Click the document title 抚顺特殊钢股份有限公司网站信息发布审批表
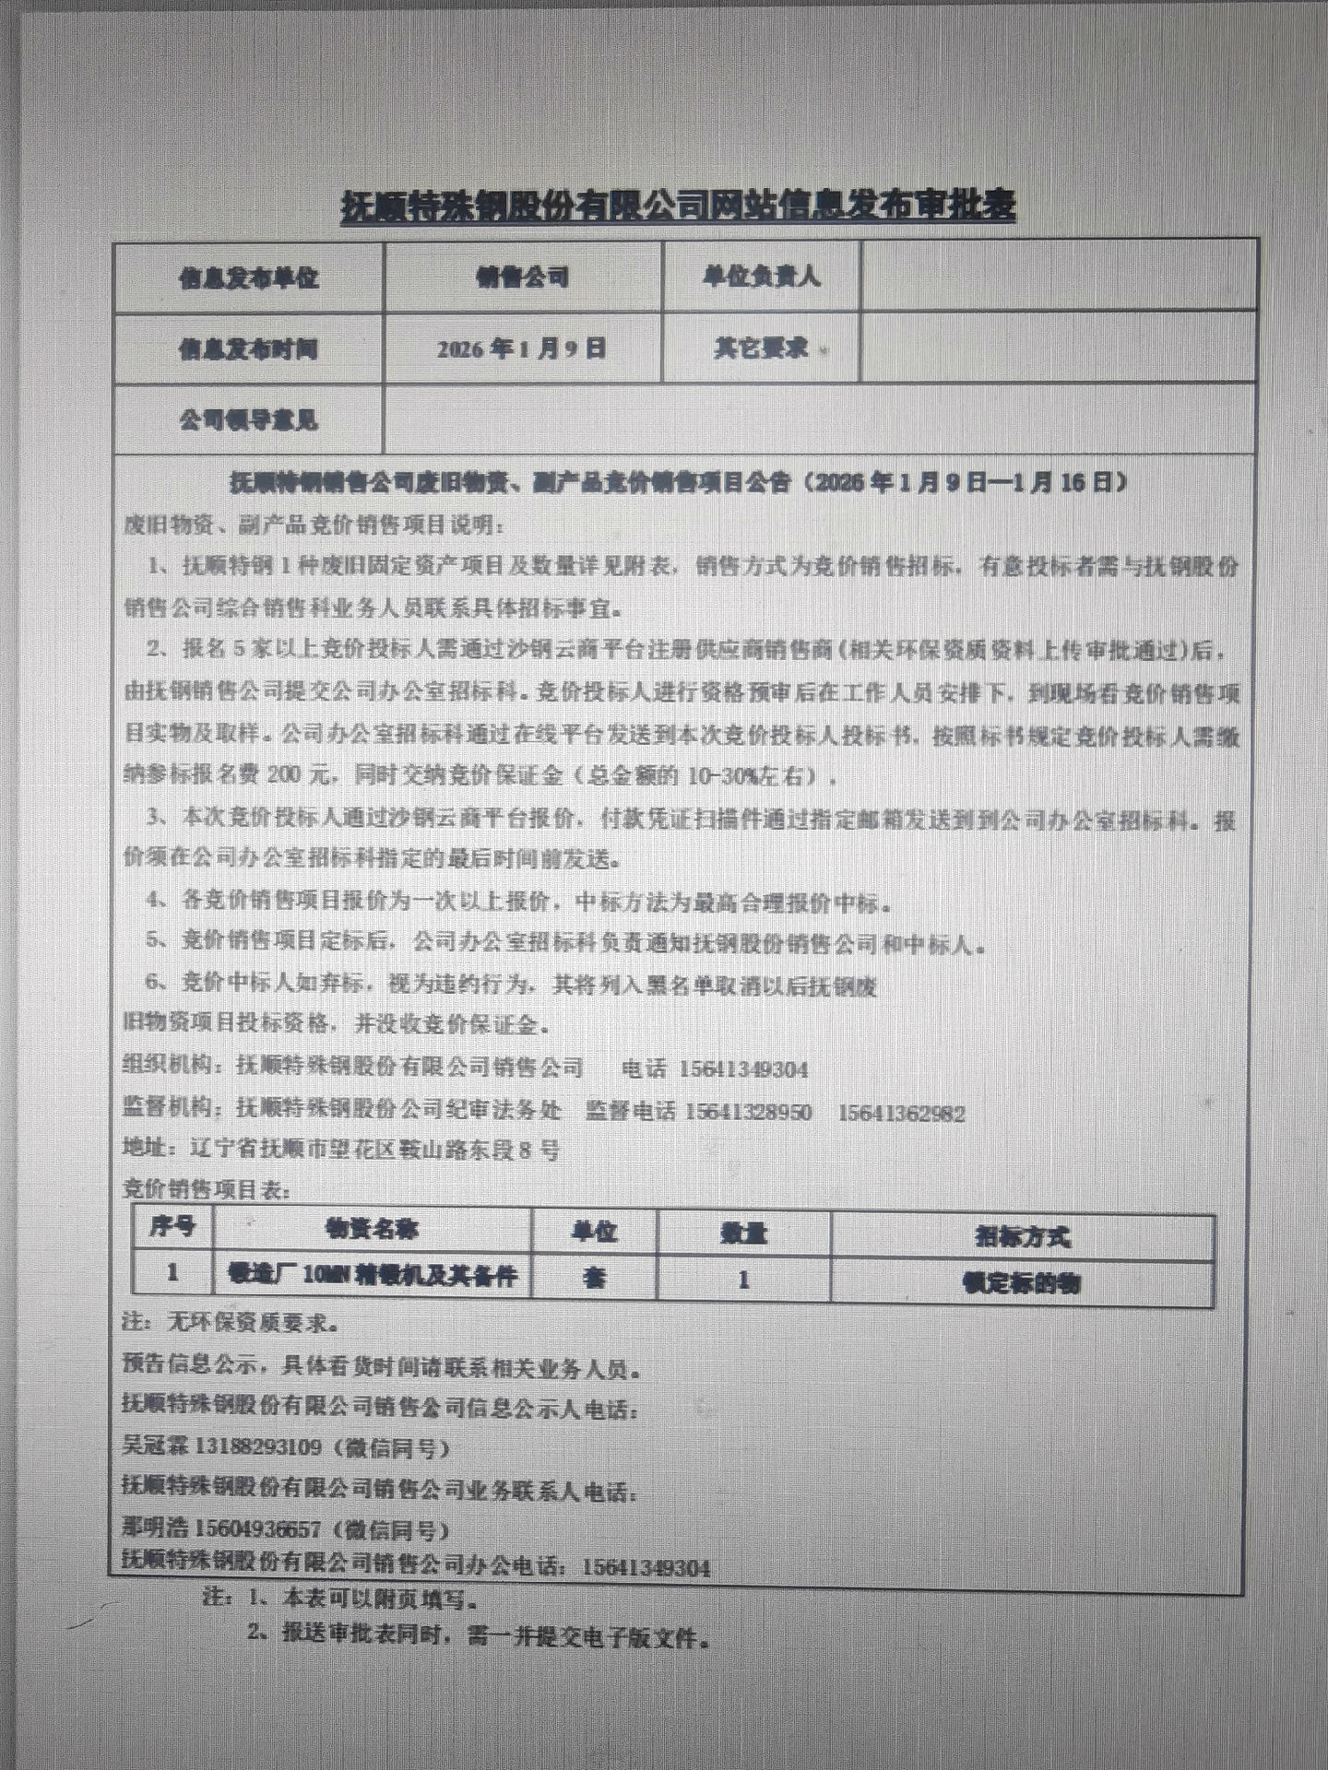(678, 206)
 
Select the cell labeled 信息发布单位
(248, 277)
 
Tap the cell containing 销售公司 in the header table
(522, 277)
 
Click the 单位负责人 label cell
(761, 277)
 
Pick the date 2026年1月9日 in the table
(521, 348)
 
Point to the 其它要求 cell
(761, 348)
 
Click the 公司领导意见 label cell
(248, 420)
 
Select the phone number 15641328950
(748, 1113)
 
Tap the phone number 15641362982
(901, 1114)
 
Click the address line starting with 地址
(340, 1150)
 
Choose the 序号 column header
(172, 1226)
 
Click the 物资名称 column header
(372, 1229)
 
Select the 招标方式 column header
(1022, 1236)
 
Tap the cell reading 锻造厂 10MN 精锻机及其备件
(373, 1276)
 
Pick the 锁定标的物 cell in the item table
(1022, 1282)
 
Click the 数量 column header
(743, 1233)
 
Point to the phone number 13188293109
(257, 1446)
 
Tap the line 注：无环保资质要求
(231, 1323)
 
